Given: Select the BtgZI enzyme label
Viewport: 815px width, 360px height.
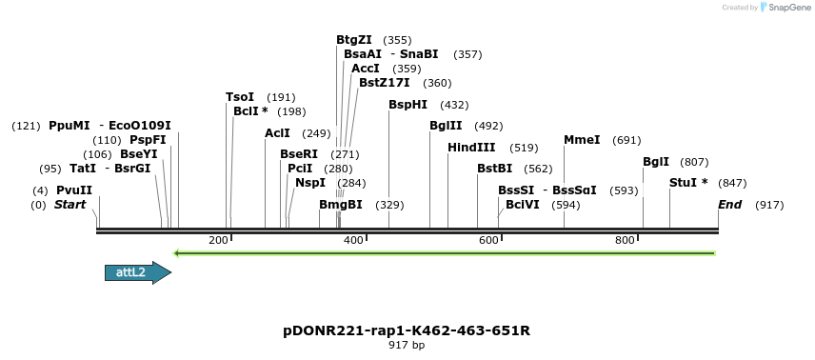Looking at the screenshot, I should [x=354, y=40].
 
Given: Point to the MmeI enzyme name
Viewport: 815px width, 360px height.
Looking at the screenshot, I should [x=582, y=140].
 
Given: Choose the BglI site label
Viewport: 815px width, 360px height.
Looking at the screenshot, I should [x=656, y=162].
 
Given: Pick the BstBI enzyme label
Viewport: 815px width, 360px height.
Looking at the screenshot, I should [x=495, y=169].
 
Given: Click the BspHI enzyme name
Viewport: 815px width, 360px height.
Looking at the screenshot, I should [x=407, y=105].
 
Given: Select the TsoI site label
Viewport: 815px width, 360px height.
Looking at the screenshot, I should [x=240, y=97].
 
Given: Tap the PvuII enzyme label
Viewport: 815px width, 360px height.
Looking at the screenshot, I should [x=74, y=190].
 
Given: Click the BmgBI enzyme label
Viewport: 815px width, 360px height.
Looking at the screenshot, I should [x=341, y=205].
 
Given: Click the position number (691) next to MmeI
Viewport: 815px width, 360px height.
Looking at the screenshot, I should [x=626, y=140].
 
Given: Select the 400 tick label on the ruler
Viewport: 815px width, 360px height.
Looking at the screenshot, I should [x=353, y=240].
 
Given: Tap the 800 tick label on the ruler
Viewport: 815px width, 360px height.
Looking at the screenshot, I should [x=625, y=240].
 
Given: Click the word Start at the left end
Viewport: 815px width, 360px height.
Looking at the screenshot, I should [x=70, y=205].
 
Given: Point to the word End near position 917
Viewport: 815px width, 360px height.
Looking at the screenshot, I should [x=729, y=205].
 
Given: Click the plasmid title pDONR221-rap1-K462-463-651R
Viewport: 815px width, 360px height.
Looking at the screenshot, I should [x=407, y=330].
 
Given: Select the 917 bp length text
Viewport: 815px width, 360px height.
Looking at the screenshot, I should [x=407, y=345].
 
